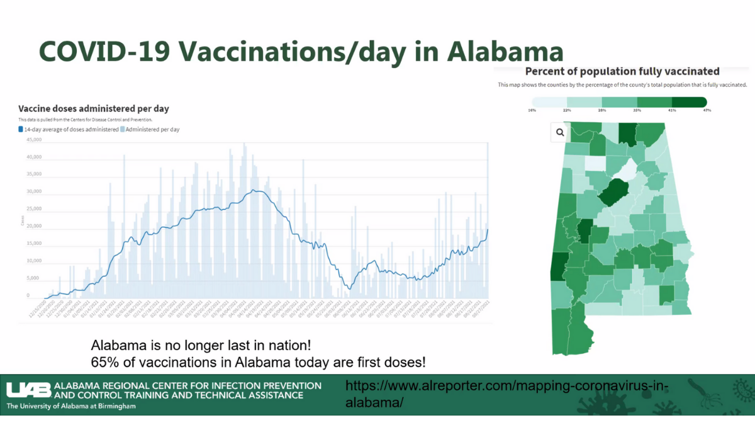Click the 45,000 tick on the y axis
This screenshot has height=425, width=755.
tap(33, 140)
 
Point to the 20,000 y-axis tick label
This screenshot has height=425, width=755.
tap(33, 226)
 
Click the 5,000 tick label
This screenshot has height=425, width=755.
tap(34, 278)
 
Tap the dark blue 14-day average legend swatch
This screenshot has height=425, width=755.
tap(21, 129)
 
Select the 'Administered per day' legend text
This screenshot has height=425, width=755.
tap(152, 129)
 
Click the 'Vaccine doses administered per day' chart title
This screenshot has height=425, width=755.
tap(93, 109)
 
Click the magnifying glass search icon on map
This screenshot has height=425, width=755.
tap(560, 133)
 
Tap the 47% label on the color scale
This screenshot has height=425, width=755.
tap(707, 111)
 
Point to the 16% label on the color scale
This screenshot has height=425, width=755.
tap(532, 111)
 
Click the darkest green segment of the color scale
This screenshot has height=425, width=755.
tap(689, 102)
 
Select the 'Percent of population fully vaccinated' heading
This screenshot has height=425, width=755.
tap(622, 71)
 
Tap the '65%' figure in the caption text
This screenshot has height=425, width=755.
tap(104, 363)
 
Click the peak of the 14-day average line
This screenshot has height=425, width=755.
tap(254, 190)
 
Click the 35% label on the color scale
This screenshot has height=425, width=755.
tap(637, 111)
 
